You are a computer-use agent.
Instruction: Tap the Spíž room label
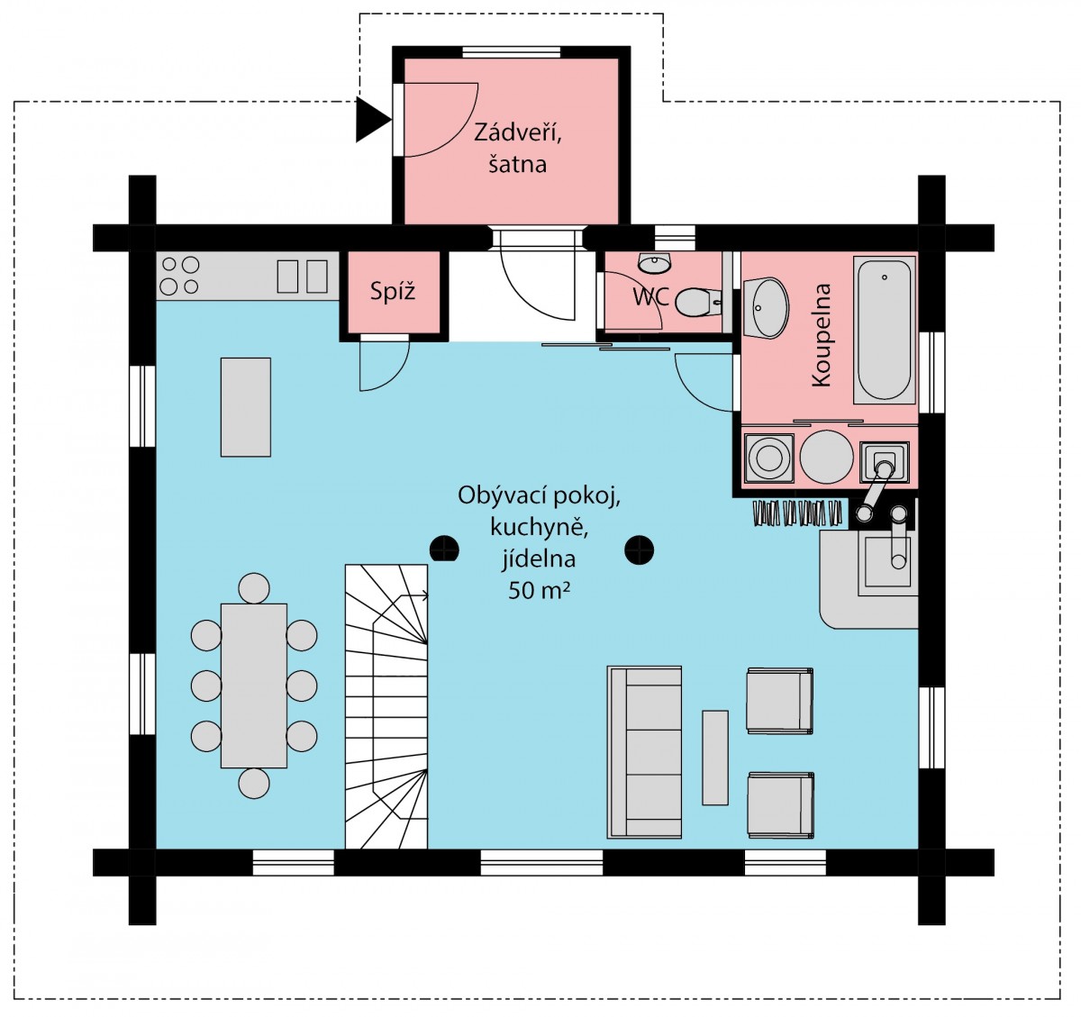tap(393, 292)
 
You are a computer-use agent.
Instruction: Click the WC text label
tap(650, 296)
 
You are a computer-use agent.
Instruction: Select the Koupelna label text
tap(822, 335)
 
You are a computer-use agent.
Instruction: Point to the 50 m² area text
tap(539, 591)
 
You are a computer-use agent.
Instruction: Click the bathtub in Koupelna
tap(884, 331)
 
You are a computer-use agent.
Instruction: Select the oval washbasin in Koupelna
tap(766, 308)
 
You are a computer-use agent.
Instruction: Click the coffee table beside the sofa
tap(714, 758)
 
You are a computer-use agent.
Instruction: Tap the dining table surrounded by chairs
tap(254, 686)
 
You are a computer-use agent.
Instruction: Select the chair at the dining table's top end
tap(254, 588)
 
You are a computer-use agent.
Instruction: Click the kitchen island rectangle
tap(246, 406)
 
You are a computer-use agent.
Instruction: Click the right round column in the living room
tap(639, 549)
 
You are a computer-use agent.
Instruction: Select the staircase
tap(386, 706)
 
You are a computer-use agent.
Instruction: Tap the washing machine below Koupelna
tap(768, 458)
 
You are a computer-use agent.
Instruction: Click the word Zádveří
tap(517, 132)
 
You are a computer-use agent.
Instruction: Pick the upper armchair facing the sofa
tap(779, 701)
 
